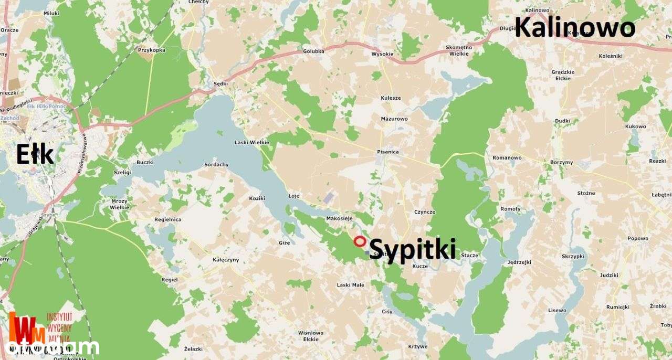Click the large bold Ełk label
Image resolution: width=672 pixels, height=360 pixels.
click(35, 155)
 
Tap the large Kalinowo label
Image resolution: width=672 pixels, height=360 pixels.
click(574, 27)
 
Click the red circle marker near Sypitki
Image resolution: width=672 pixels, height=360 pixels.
click(360, 241)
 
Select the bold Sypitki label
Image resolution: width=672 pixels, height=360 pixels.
click(413, 249)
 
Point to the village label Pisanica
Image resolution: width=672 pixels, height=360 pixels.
click(387, 152)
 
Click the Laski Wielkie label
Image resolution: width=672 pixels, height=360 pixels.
click(251, 142)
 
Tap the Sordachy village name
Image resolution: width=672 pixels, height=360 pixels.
click(216, 164)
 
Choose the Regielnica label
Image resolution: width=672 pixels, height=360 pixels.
click(167, 219)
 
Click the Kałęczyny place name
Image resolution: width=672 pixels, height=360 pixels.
click(226, 259)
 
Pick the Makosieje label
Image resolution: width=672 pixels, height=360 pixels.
click(339, 218)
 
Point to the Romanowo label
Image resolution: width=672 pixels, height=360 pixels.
click(507, 157)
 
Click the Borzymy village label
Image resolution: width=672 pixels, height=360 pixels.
click(562, 162)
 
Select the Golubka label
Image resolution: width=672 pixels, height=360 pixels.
click(313, 51)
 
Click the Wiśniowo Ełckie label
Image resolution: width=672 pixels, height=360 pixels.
click(311, 335)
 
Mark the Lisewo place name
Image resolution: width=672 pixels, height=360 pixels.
click(557, 310)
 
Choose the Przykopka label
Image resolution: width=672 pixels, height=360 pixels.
click(151, 50)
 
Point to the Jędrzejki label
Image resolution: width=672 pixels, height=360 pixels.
click(519, 262)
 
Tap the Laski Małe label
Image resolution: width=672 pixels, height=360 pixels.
click(350, 285)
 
